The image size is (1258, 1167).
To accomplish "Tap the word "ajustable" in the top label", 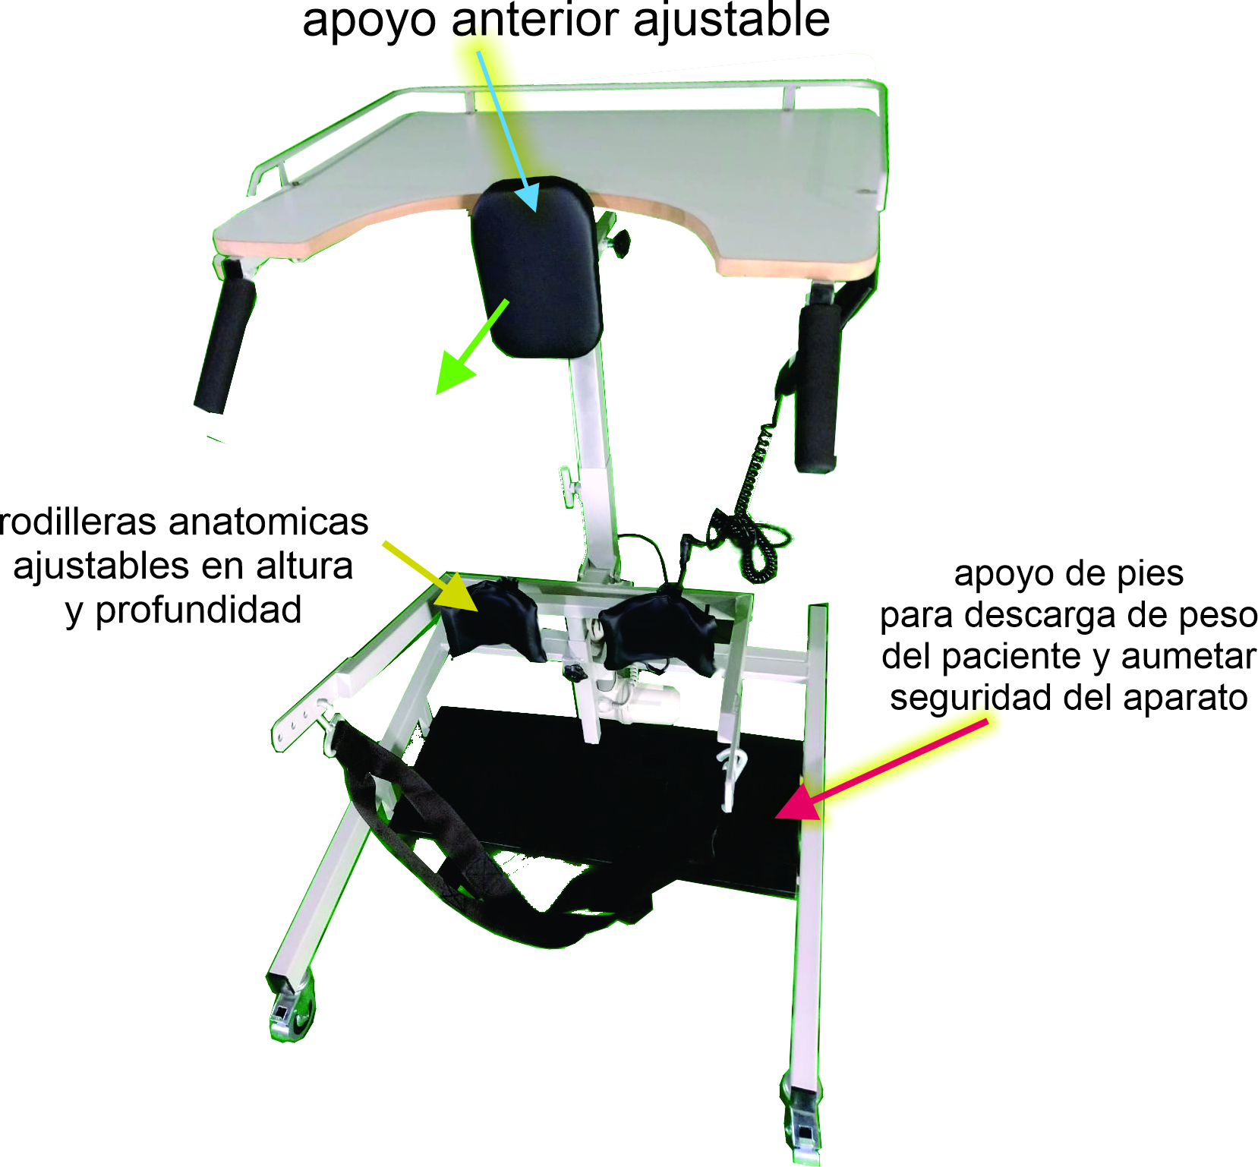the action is pyautogui.click(x=731, y=21).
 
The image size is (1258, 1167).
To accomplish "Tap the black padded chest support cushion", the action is pyautogui.click(x=538, y=267).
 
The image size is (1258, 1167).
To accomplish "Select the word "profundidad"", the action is pyautogui.click(x=198, y=610).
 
